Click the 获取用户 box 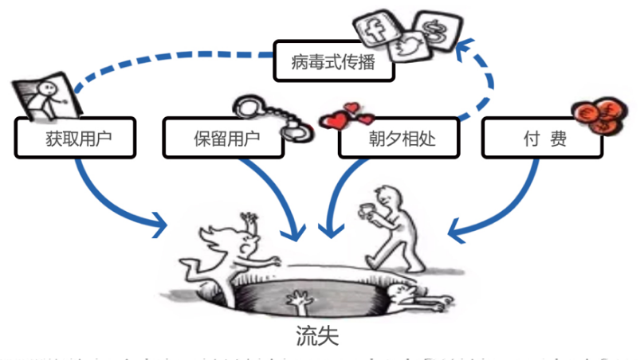pos(75,138)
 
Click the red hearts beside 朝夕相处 pos(345,117)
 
